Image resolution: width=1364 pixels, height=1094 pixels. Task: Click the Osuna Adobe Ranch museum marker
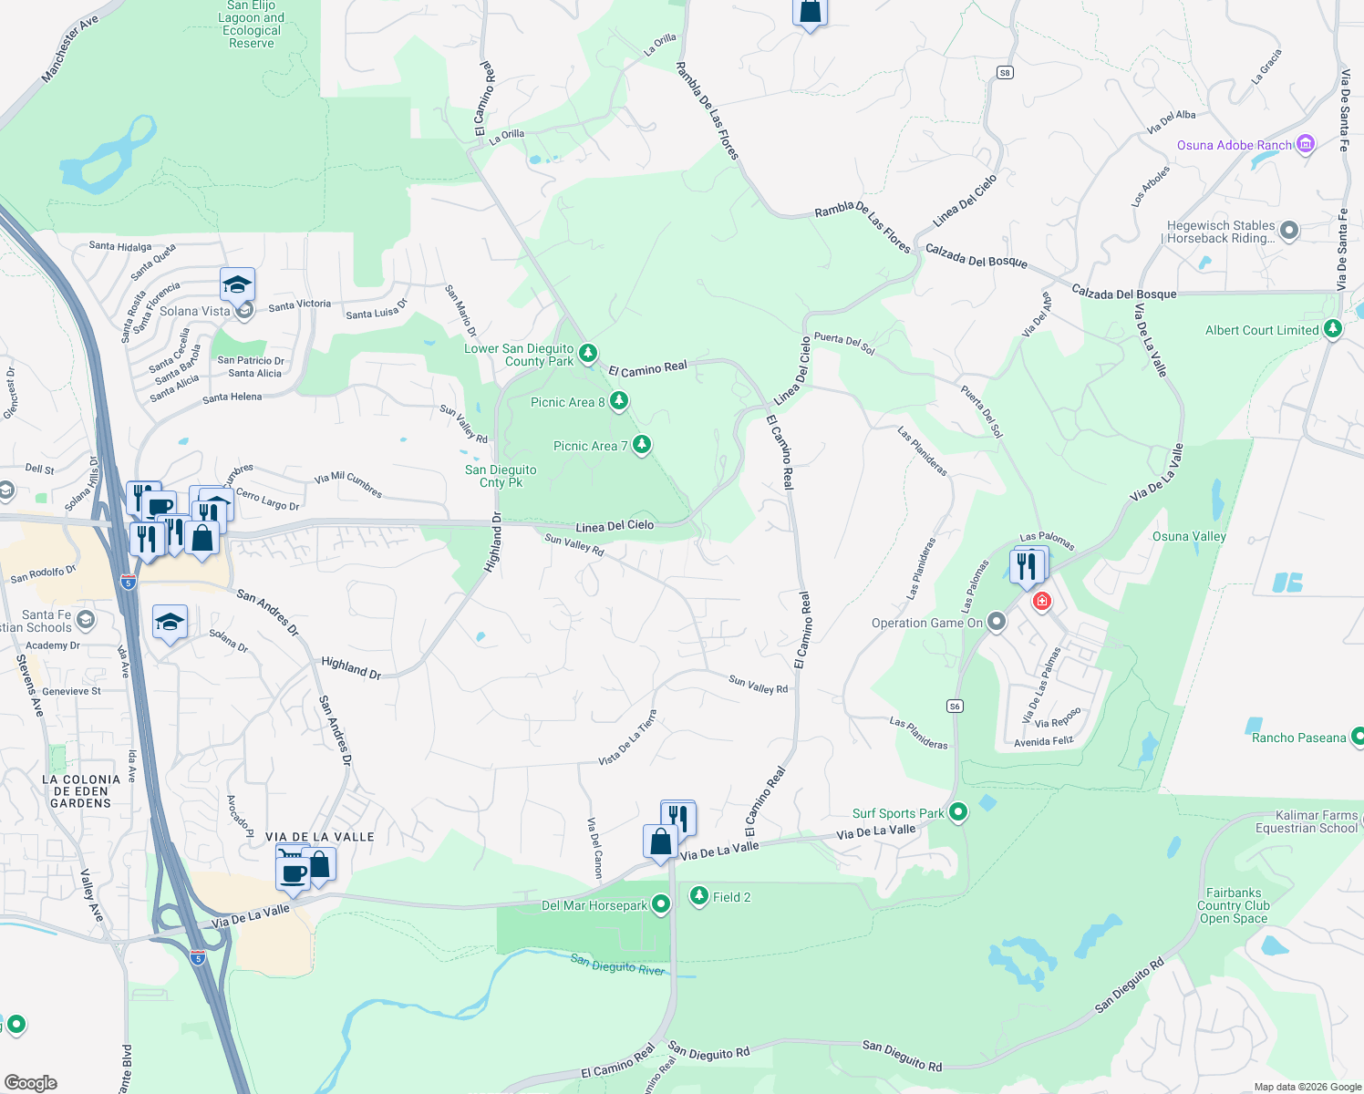click(x=1306, y=144)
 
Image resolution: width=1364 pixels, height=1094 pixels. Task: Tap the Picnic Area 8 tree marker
click(x=619, y=401)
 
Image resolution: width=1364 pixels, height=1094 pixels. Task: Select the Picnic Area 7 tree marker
click(x=642, y=445)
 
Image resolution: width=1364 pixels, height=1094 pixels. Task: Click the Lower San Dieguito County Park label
click(x=520, y=355)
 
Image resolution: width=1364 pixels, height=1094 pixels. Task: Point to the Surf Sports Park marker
click(x=957, y=811)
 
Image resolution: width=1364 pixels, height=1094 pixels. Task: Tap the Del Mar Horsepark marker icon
click(x=661, y=904)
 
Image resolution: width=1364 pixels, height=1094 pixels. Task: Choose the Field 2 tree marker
click(x=699, y=896)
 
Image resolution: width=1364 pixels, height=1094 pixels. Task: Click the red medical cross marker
click(x=1041, y=602)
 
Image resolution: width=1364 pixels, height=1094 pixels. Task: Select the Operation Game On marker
click(x=997, y=622)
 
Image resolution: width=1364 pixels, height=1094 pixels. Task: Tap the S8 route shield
click(x=1005, y=73)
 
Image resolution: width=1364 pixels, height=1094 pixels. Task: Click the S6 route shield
click(x=955, y=706)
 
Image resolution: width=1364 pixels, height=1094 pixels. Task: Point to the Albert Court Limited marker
click(x=1332, y=329)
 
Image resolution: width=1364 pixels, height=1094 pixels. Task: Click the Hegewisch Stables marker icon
click(x=1288, y=231)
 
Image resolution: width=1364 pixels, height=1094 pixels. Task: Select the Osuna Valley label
click(x=1189, y=536)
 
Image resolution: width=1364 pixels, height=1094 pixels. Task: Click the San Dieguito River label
click(x=617, y=964)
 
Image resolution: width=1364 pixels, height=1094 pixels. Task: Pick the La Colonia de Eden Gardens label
click(x=81, y=790)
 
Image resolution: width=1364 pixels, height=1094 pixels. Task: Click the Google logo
click(x=30, y=1082)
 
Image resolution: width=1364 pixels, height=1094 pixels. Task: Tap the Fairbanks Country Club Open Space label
click(x=1233, y=905)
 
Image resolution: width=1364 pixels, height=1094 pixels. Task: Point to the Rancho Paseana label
click(x=1298, y=738)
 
